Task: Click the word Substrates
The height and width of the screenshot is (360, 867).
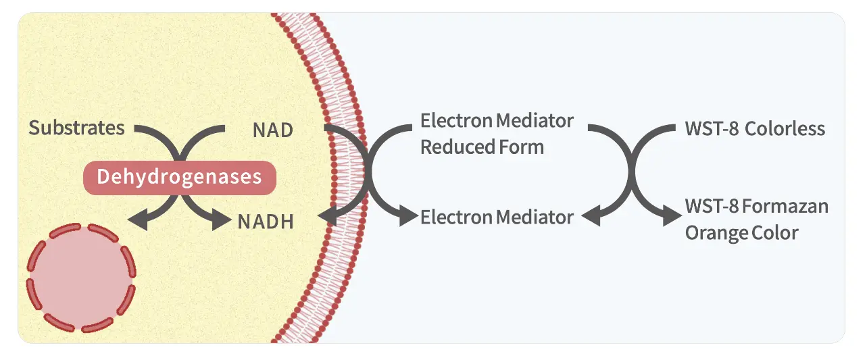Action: click(76, 128)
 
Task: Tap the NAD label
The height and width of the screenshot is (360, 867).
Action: click(273, 130)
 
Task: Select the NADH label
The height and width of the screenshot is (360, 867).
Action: click(266, 222)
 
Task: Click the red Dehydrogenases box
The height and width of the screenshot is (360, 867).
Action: click(180, 178)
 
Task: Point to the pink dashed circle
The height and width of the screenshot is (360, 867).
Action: click(81, 277)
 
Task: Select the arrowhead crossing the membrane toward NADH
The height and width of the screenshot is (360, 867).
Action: click(328, 217)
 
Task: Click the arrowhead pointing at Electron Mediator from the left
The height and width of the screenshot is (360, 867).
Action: click(409, 215)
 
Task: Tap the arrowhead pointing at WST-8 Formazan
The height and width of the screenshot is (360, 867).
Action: click(672, 215)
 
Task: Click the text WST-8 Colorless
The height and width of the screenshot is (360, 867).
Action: click(755, 129)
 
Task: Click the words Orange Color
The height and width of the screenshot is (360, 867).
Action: click(741, 233)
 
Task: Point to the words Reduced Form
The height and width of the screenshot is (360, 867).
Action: click(482, 147)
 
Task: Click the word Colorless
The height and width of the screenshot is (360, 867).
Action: click(785, 129)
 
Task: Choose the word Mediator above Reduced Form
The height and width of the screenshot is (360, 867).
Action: click(535, 121)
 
